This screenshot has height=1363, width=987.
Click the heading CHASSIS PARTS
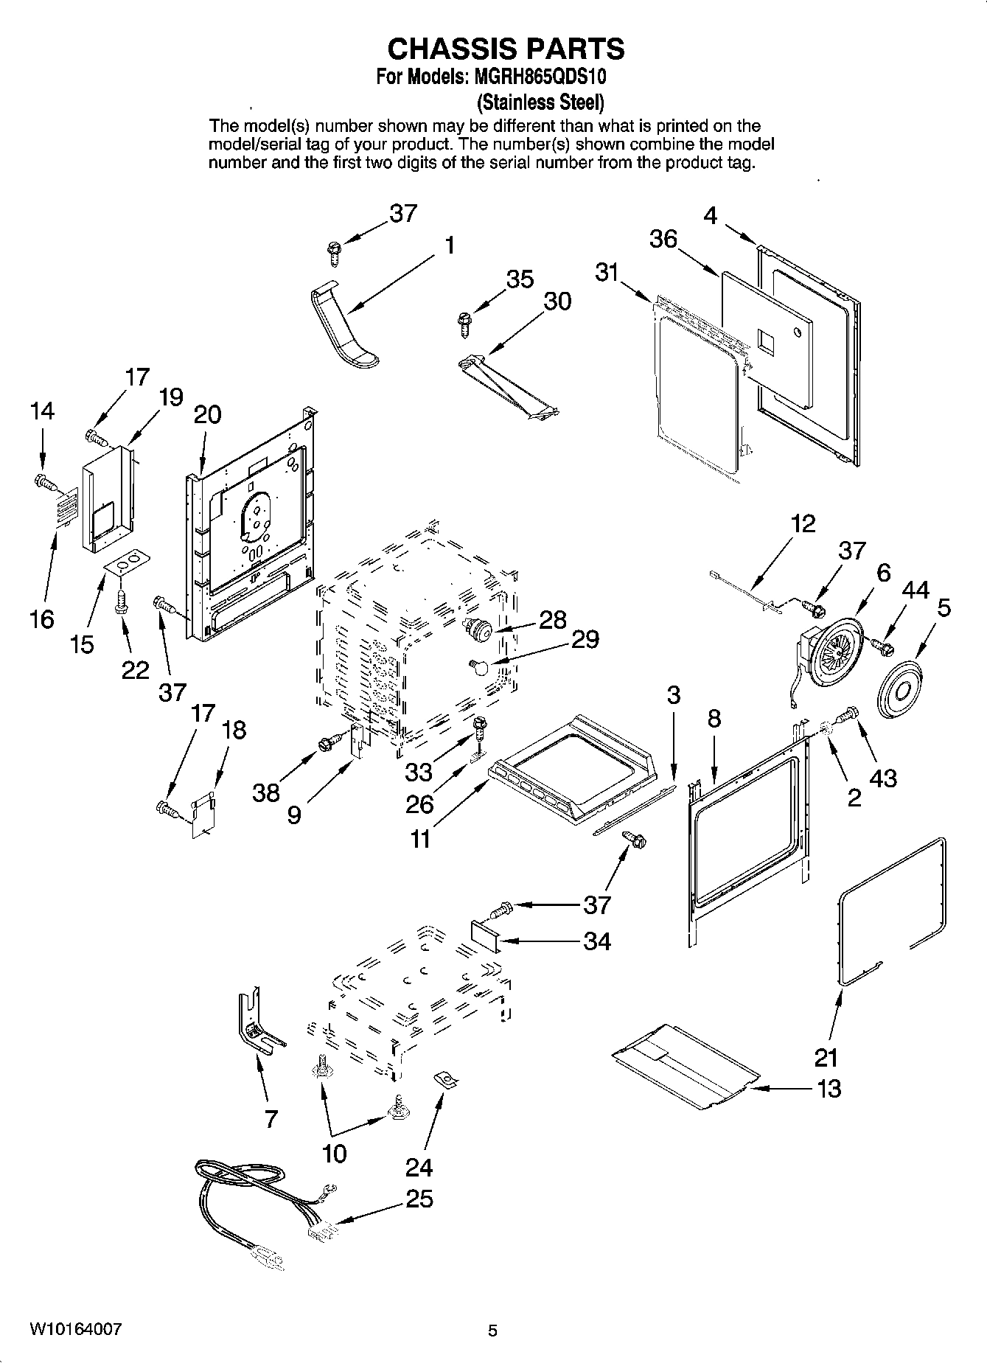pos(506,49)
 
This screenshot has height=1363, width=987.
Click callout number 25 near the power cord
pos(419,1199)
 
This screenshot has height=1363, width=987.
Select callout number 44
pos(915,590)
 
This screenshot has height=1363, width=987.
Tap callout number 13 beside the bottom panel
pos(829,1088)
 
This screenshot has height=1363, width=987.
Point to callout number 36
pos(663,239)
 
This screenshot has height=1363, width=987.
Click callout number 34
pos(596,941)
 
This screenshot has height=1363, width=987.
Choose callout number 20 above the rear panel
pos(207,414)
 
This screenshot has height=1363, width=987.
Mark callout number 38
pos(265,792)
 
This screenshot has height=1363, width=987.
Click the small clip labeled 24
pos(445,1081)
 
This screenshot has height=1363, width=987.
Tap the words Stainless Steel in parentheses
pos(540,100)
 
